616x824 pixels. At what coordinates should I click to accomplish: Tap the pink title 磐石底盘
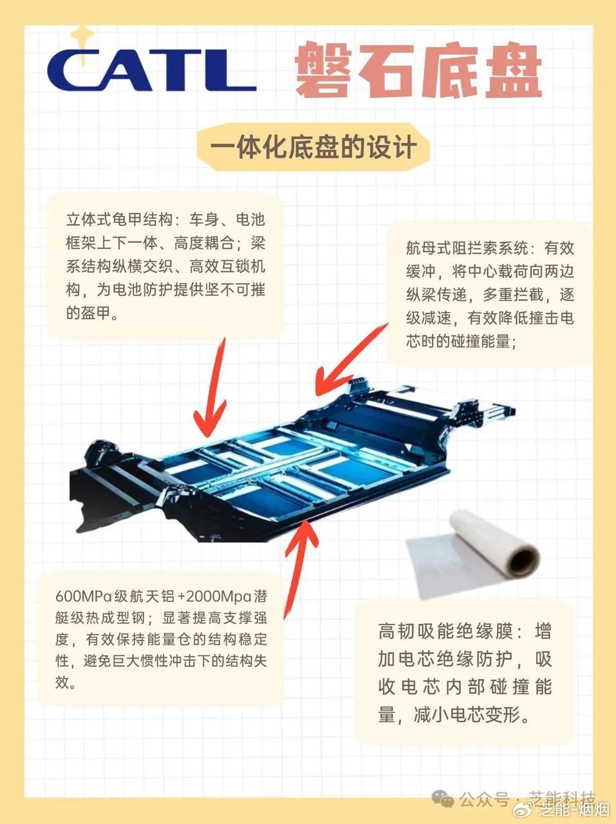coord(418,70)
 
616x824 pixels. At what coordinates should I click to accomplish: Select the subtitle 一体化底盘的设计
coord(313,147)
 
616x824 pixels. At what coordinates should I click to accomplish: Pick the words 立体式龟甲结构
coord(119,220)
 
